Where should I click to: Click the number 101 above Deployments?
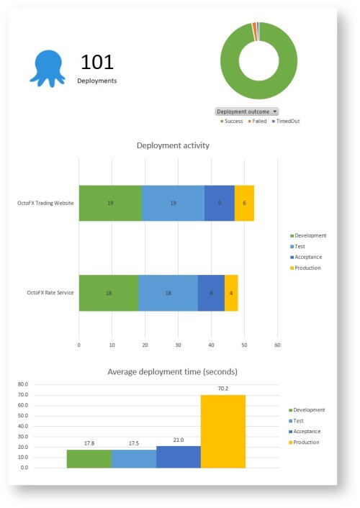pos(97,62)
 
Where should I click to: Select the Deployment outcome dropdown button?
pos(247,112)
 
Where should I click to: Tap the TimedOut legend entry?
pos(287,121)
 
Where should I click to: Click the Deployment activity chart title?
pos(173,145)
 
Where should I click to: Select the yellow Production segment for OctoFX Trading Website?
pos(244,203)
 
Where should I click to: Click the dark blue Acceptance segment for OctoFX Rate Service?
pos(211,293)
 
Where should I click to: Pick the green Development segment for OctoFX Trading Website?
pos(110,203)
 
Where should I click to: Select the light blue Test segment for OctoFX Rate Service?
pos(168,293)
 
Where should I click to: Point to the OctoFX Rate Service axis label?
pos(50,293)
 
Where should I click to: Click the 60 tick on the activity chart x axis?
pos(278,345)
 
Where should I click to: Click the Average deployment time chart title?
pos(173,372)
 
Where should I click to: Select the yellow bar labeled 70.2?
pos(222,431)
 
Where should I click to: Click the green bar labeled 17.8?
pos(89,458)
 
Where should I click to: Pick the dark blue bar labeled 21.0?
pos(178,457)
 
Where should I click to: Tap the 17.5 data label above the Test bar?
pos(134,444)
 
